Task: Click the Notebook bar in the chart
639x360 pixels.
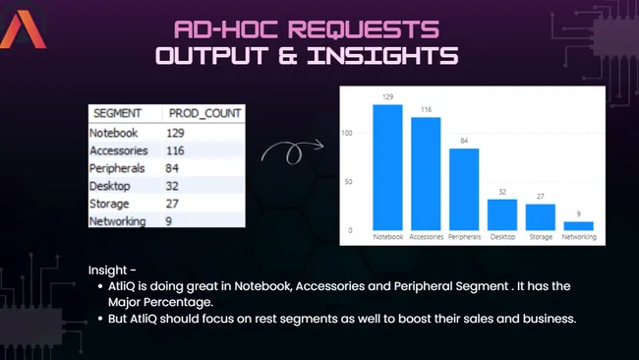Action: tap(387, 167)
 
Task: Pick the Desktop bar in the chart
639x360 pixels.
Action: tap(502, 214)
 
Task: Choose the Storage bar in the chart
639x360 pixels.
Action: tap(541, 217)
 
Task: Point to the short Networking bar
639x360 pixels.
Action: tap(579, 226)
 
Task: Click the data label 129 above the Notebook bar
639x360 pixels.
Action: tap(387, 97)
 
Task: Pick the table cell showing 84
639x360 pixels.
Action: tap(174, 168)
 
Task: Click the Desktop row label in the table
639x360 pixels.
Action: tap(109, 186)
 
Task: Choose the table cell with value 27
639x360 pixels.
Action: tap(174, 204)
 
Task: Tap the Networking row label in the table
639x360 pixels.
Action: tap(117, 221)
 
